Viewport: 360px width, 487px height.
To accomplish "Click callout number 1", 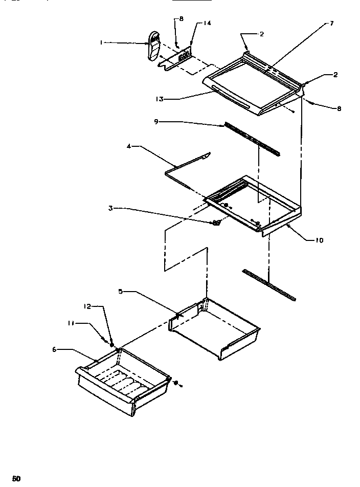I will click(101, 43).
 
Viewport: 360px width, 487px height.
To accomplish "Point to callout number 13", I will click(160, 99).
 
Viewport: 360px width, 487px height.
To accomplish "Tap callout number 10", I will click(319, 239).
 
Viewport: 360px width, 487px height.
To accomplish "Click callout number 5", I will click(120, 292).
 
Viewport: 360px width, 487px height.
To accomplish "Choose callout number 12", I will click(88, 306).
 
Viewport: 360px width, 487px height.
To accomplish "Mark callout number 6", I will click(54, 349).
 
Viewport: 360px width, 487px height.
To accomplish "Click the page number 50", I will click(17, 478).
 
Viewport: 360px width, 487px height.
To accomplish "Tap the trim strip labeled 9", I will click(252, 139).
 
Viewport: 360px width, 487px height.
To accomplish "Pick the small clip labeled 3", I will click(216, 222).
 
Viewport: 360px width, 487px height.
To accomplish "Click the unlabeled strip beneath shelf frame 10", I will click(269, 284).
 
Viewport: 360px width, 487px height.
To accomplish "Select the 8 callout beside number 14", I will click(181, 19).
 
